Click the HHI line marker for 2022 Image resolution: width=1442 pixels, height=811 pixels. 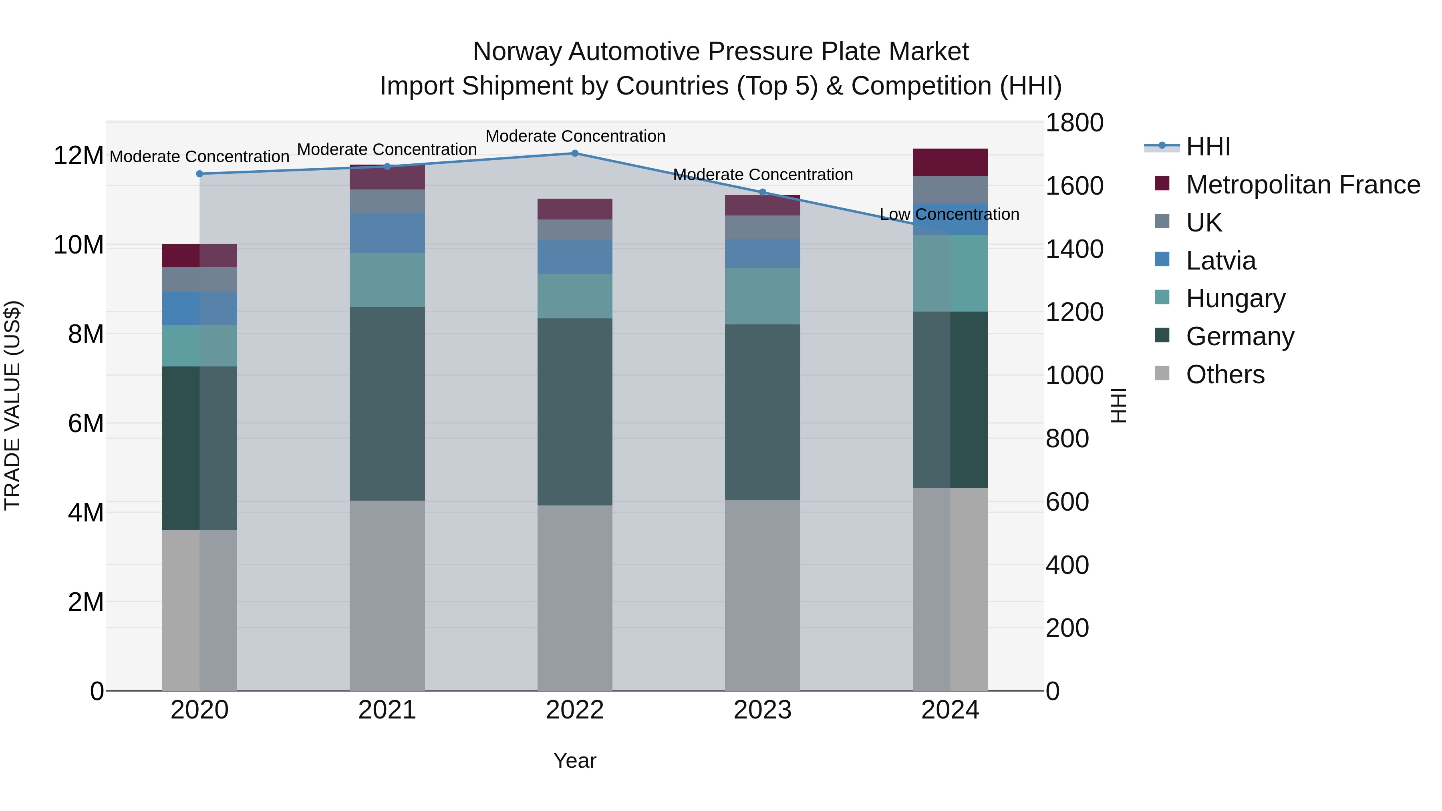575,153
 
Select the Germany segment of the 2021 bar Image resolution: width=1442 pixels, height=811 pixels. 387,404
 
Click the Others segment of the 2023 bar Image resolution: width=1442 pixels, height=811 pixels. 762,595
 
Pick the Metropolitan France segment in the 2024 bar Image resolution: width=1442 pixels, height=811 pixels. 950,162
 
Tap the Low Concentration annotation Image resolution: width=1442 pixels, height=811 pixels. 949,214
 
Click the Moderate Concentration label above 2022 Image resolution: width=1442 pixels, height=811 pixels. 575,136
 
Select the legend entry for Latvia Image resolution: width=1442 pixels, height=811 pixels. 1220,261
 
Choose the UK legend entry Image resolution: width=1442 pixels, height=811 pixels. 1204,223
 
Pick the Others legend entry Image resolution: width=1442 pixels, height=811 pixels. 1225,374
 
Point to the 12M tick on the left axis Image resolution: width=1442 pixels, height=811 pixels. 79,156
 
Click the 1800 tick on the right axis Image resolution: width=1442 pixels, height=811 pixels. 1073,123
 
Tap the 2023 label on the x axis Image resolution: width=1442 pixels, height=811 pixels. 762,710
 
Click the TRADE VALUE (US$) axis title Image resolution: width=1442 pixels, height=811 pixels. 12,405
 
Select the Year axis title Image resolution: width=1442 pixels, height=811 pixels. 575,761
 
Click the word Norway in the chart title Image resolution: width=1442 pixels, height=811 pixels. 516,52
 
